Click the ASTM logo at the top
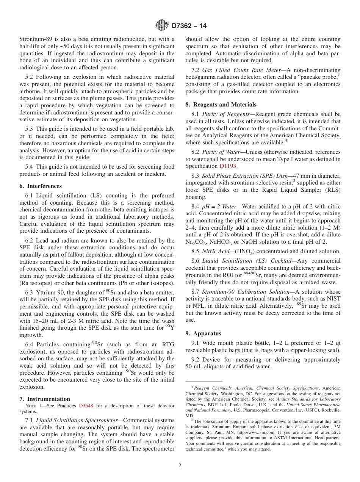click(162, 26)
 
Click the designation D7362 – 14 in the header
click(189, 26)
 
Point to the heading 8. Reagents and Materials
click(221, 105)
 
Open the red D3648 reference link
click(86, 406)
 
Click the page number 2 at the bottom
click(180, 465)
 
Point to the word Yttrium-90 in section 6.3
click(51, 293)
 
